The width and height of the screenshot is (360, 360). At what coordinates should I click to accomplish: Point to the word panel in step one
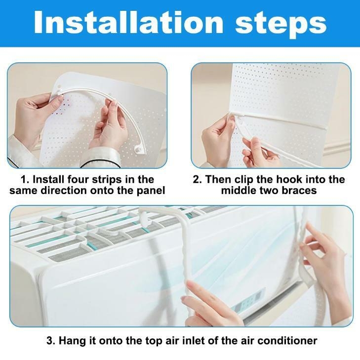151,191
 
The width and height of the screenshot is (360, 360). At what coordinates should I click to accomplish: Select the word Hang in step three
72,340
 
